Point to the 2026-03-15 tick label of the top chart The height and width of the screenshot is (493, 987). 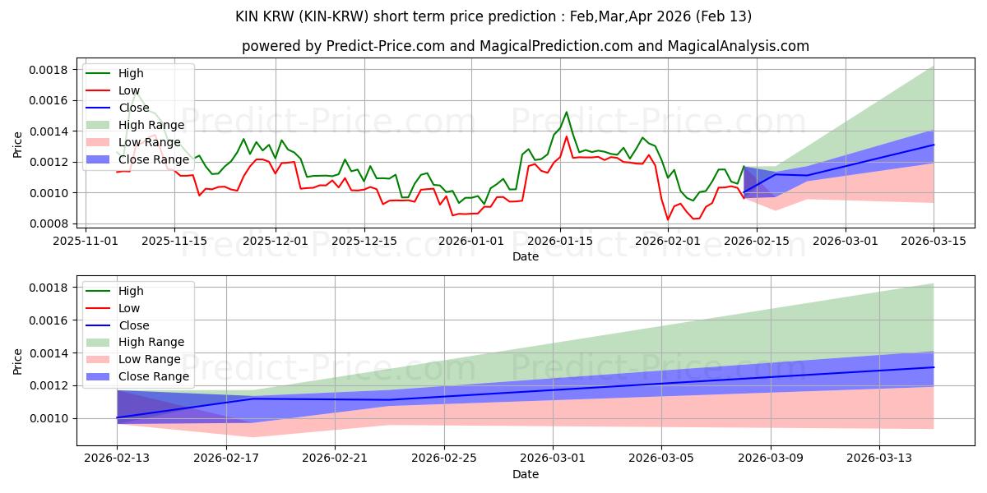point(934,241)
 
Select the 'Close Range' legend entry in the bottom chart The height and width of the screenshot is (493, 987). point(154,376)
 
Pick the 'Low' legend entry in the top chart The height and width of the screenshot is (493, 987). point(129,90)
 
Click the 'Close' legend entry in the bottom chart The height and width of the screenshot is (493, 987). point(134,325)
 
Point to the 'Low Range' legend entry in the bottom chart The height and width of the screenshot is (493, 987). point(150,359)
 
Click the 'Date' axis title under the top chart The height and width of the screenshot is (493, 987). point(526,256)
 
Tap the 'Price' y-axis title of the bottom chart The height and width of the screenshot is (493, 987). point(18,361)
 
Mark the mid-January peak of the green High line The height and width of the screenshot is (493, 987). point(566,112)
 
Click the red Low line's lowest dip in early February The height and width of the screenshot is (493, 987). point(669,219)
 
